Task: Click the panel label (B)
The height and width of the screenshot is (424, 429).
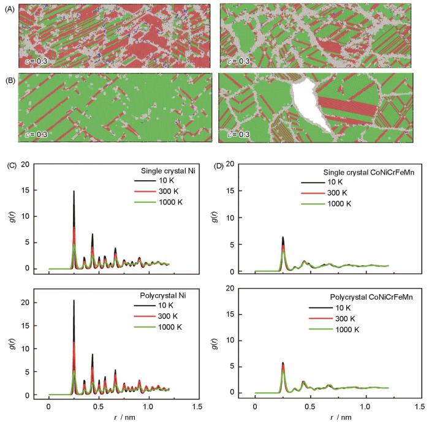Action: point(9,80)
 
